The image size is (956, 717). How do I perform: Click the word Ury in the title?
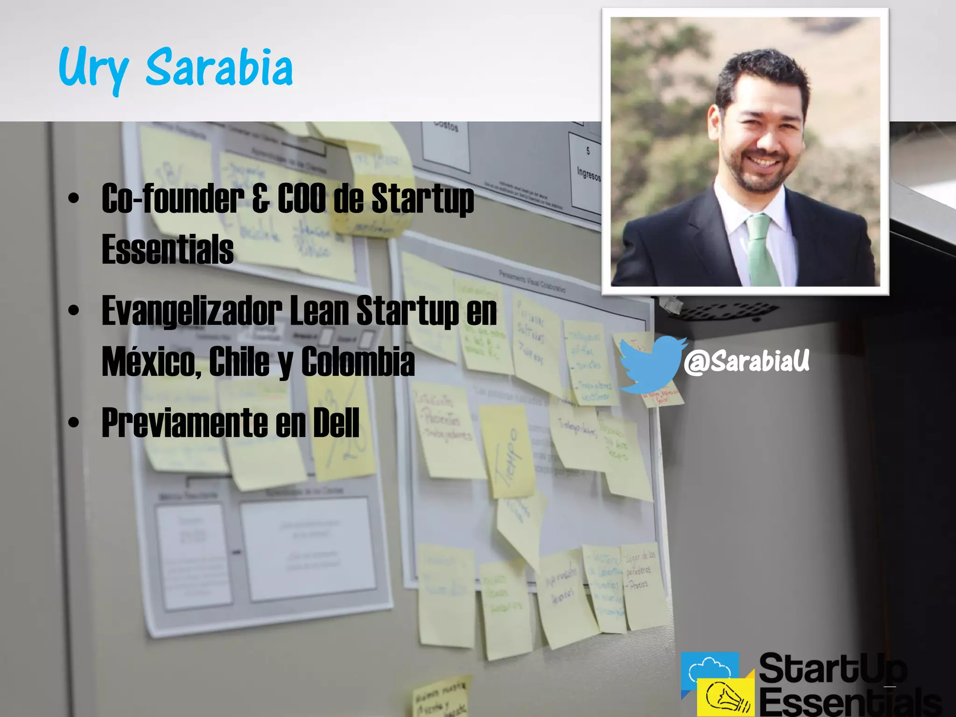tap(93, 70)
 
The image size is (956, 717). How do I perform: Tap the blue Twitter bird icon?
tap(651, 364)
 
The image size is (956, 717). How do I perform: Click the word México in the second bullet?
tap(151, 362)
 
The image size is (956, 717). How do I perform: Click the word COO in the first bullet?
tap(302, 198)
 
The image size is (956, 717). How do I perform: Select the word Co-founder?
tap(173, 198)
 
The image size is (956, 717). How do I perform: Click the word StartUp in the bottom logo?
tap(833, 668)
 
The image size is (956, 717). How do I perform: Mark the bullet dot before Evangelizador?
tap(74, 310)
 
